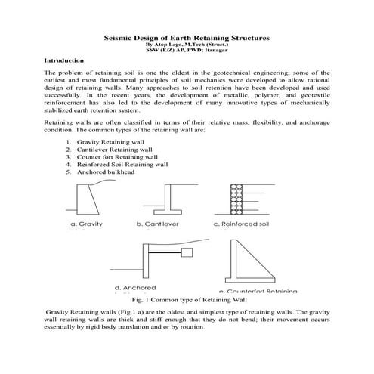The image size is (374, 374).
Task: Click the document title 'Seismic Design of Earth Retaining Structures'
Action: (x=186, y=36)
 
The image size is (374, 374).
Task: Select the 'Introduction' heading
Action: (x=64, y=59)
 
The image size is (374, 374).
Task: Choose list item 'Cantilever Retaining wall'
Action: (x=119, y=150)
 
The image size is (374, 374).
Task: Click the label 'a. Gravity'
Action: (x=86, y=224)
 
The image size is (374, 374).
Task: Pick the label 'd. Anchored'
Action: (x=134, y=288)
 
